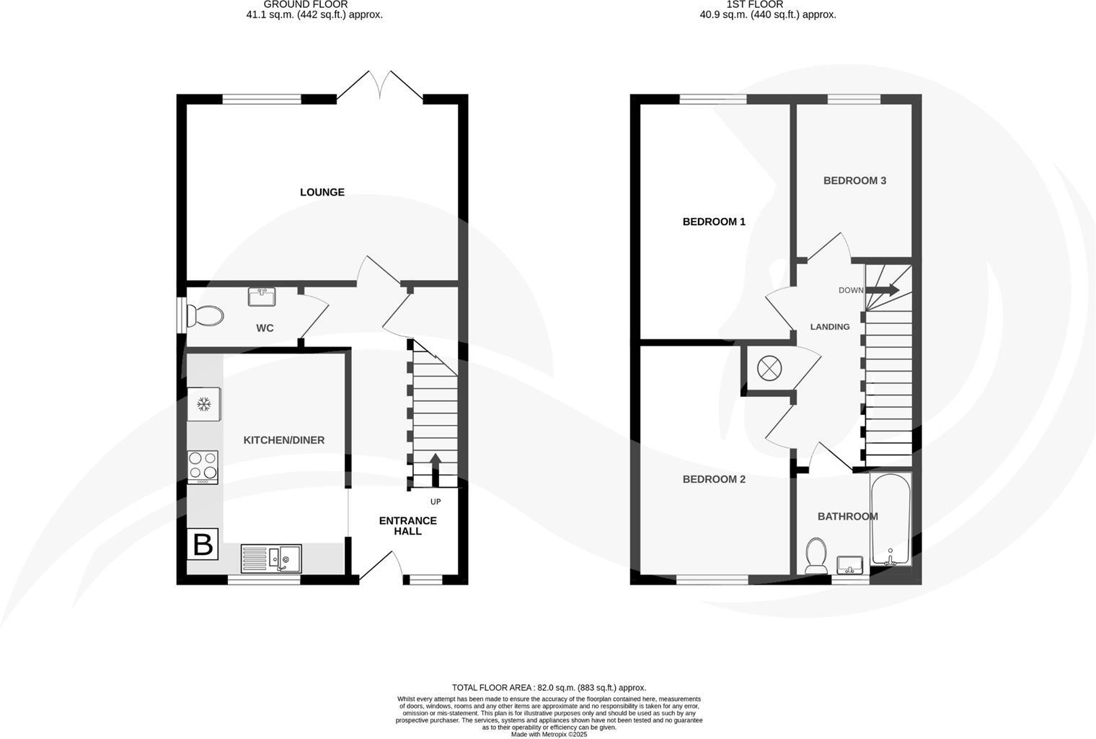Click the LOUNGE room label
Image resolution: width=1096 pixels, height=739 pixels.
point(322,192)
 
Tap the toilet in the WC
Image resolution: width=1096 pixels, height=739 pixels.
point(205,315)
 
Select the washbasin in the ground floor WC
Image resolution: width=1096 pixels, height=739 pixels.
point(261,296)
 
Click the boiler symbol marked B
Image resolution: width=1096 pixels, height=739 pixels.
point(203,544)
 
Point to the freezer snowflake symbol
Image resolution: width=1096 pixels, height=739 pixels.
point(204,404)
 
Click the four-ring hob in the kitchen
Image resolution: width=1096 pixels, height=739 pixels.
point(203,467)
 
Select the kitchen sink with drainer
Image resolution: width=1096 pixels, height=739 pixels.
point(271,558)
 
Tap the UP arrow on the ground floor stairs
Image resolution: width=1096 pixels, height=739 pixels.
point(436,469)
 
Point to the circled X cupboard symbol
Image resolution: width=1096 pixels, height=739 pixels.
point(769,369)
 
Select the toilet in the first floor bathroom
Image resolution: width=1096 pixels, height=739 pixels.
point(817,556)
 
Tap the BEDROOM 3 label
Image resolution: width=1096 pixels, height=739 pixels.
point(854,180)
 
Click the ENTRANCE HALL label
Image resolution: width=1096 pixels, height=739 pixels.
point(408,525)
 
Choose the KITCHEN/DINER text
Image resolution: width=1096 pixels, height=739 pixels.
point(284,440)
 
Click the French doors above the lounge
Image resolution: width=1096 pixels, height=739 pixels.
point(380,85)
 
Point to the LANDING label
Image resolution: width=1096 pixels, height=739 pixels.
point(830,327)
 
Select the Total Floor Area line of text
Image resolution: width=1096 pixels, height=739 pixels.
point(549,688)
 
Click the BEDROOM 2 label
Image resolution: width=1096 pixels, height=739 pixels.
point(714,479)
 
